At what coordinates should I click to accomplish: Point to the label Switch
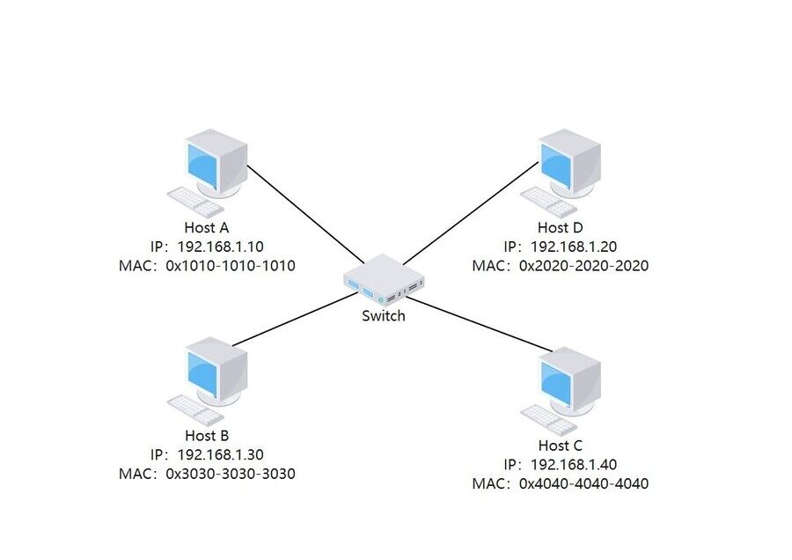(x=384, y=315)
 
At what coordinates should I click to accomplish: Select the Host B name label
(x=207, y=435)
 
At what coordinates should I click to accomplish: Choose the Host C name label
(x=561, y=446)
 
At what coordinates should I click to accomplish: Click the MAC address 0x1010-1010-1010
(x=230, y=265)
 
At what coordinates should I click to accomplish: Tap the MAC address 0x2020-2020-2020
(x=583, y=265)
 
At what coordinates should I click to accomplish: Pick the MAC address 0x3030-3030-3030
(x=230, y=473)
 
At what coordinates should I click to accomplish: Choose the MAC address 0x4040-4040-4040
(x=583, y=483)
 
